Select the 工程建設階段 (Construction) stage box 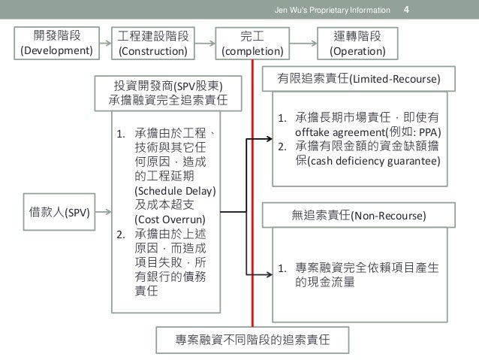pyautogui.click(x=155, y=43)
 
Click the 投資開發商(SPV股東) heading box pyautogui.click(x=166, y=92)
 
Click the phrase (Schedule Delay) pyautogui.click(x=168, y=190)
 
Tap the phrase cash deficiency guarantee pyautogui.click(x=372, y=159)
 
